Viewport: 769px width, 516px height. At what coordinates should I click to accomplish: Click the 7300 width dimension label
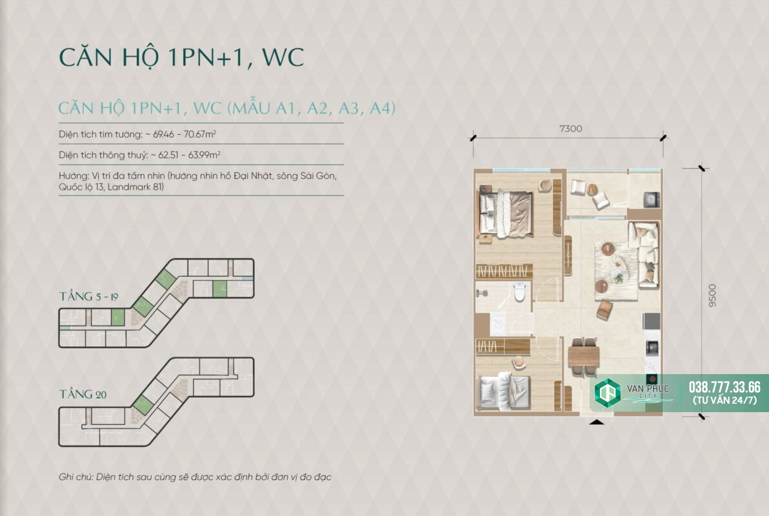pos(570,128)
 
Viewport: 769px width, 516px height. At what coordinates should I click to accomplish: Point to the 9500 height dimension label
pos(712,296)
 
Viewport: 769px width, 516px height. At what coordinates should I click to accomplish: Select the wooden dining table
pos(584,357)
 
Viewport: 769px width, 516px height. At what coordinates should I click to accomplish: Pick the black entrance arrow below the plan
pos(596,421)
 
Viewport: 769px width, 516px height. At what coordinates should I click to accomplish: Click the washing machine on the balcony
pos(651,199)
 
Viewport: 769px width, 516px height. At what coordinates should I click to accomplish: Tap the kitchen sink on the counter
pos(652,348)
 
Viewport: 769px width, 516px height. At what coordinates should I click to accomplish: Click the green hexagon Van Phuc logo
pos(608,393)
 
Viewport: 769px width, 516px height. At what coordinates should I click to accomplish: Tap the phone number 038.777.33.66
pos(724,387)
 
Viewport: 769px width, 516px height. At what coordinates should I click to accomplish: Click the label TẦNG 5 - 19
pos(89,296)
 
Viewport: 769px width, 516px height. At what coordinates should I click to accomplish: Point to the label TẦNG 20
pos(83,394)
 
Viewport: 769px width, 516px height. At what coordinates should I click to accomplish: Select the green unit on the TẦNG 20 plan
pos(143,404)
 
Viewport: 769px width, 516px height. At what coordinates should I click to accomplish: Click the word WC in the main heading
pos(283,57)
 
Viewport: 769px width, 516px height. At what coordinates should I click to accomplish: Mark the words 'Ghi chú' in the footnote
pos(75,477)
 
